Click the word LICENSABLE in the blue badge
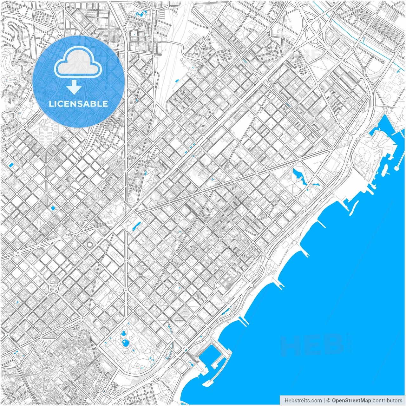[78, 104]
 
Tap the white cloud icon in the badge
[78, 62]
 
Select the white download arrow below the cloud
[74, 87]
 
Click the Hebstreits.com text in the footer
[303, 401]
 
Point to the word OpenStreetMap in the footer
[351, 401]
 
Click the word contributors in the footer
[387, 401]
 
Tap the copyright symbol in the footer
[328, 401]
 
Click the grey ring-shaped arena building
[90, 245]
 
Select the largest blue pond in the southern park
[126, 343]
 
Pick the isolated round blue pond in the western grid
[53, 208]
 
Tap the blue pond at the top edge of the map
[140, 14]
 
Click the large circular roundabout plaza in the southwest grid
[53, 289]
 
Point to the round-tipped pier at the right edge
[397, 166]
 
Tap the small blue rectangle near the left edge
[11, 165]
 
